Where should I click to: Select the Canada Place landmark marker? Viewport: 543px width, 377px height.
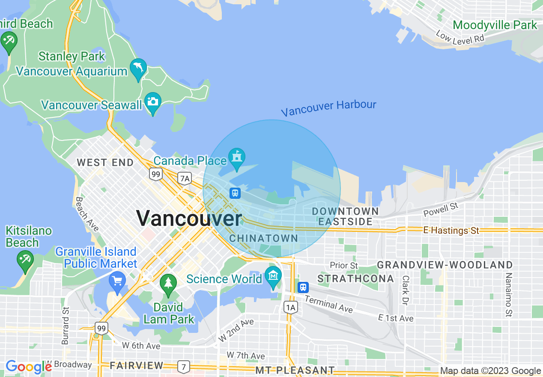click(236, 157)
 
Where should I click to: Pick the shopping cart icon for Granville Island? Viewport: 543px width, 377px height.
click(117, 282)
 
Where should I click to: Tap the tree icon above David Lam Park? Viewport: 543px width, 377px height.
click(168, 284)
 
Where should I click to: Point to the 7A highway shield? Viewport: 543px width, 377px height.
click(185, 178)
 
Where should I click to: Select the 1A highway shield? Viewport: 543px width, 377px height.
click(291, 307)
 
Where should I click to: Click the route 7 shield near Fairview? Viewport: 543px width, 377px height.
click(184, 366)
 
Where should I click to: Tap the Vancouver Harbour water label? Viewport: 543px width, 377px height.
click(328, 107)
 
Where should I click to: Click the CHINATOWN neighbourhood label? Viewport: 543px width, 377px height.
click(264, 238)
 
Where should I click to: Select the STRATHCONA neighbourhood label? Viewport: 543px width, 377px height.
click(355, 279)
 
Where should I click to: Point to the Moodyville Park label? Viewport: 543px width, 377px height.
click(495, 25)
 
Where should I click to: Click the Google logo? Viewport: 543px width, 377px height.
click(29, 367)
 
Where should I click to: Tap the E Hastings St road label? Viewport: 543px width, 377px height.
click(451, 230)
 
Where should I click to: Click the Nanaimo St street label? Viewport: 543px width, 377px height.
click(509, 295)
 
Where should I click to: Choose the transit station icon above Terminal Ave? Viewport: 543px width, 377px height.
click(303, 287)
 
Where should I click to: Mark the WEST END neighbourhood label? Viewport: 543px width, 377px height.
click(105, 162)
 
